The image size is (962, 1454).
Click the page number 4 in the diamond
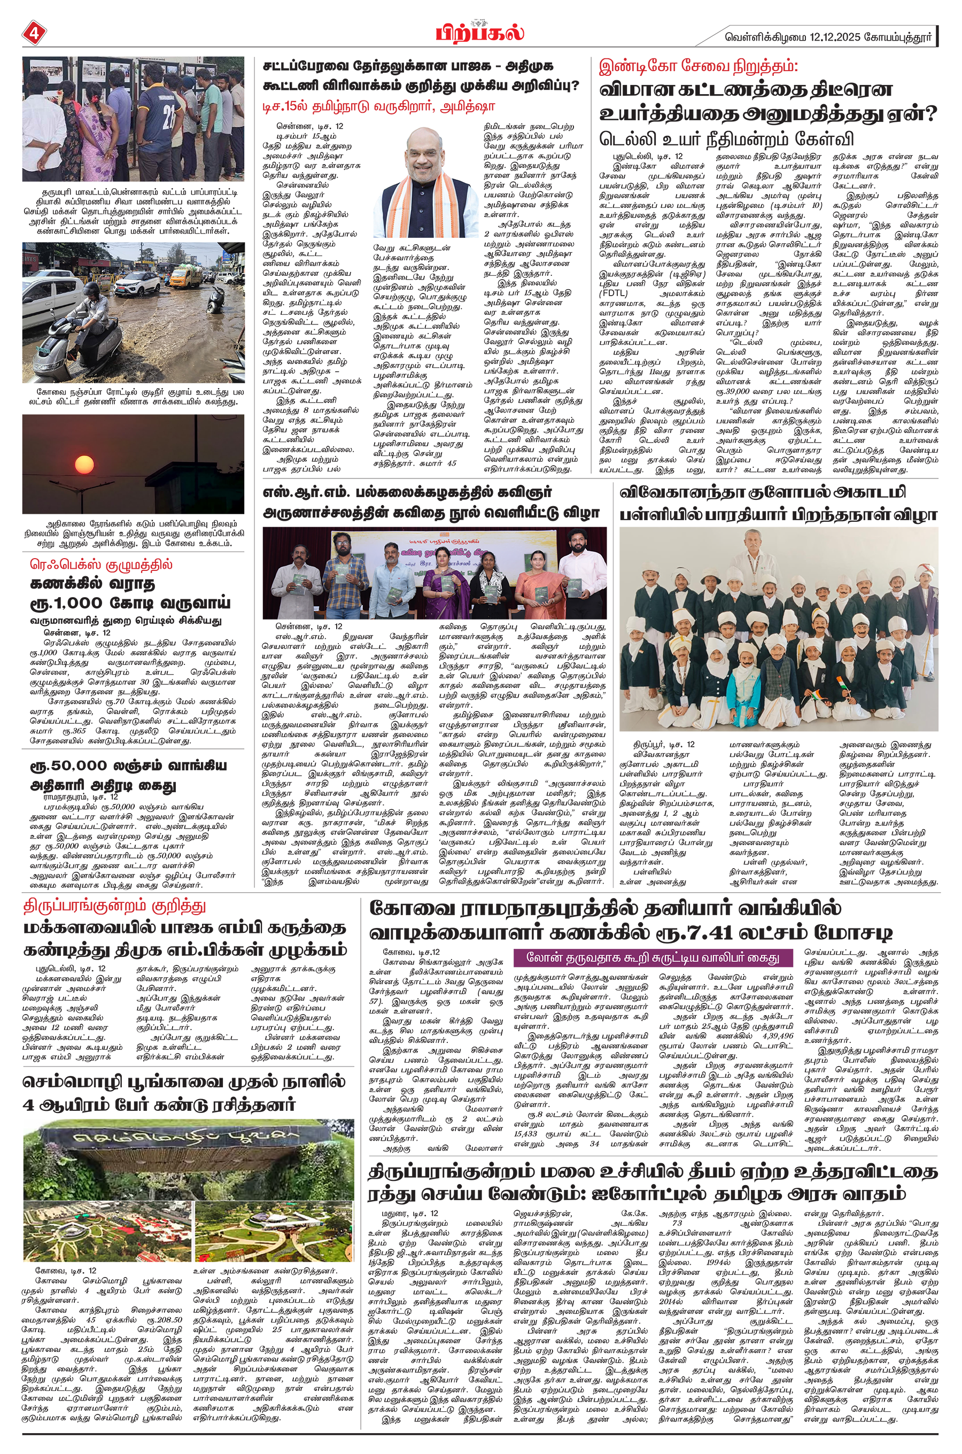[x=33, y=33]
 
